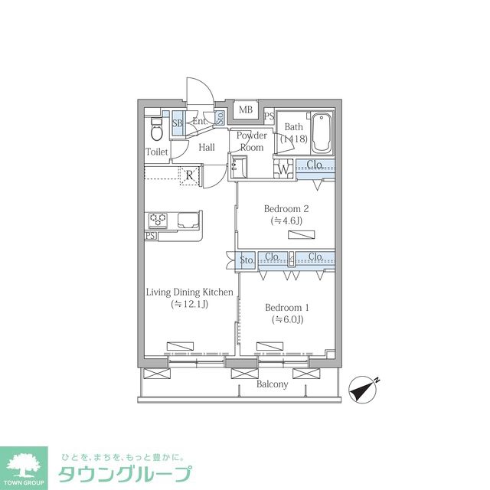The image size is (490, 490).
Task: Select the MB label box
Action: (x=246, y=109)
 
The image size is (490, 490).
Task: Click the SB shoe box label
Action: (x=178, y=122)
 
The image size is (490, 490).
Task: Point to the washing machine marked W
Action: (x=283, y=169)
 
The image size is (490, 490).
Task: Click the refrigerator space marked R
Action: (x=189, y=175)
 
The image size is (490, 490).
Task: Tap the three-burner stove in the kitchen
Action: (x=158, y=220)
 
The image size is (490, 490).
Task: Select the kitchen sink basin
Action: (x=188, y=220)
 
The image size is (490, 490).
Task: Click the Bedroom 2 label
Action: (x=286, y=208)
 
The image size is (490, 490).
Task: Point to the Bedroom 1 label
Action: (x=287, y=308)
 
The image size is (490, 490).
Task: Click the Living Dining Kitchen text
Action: (x=190, y=292)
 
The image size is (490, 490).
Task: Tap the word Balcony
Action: (x=273, y=384)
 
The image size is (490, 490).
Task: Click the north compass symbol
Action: (x=363, y=389)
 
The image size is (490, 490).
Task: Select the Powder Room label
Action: (x=252, y=141)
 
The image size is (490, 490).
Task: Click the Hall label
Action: (x=207, y=147)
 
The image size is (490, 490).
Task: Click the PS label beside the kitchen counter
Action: (x=150, y=236)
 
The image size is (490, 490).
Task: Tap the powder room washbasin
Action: (x=240, y=168)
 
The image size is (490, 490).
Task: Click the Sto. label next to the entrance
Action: (x=220, y=117)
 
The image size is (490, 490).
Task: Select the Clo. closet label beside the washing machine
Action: (x=315, y=164)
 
